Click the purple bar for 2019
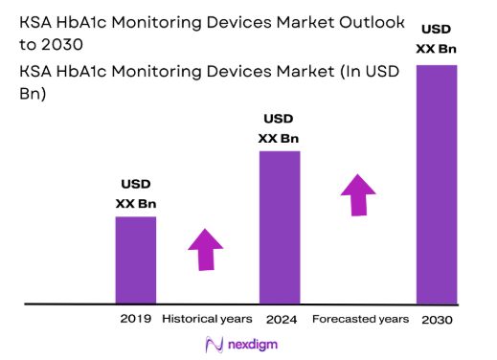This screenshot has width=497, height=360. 135,259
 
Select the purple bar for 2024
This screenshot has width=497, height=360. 280,227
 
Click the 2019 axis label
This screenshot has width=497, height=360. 135,318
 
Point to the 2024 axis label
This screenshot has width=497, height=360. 280,318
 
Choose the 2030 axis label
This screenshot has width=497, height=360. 436,319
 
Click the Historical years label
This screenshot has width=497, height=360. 207,318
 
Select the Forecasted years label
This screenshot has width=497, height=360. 360,318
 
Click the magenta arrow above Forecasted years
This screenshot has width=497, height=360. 359,195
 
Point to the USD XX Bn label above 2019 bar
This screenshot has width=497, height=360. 135,193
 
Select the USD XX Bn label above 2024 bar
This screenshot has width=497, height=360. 280,128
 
